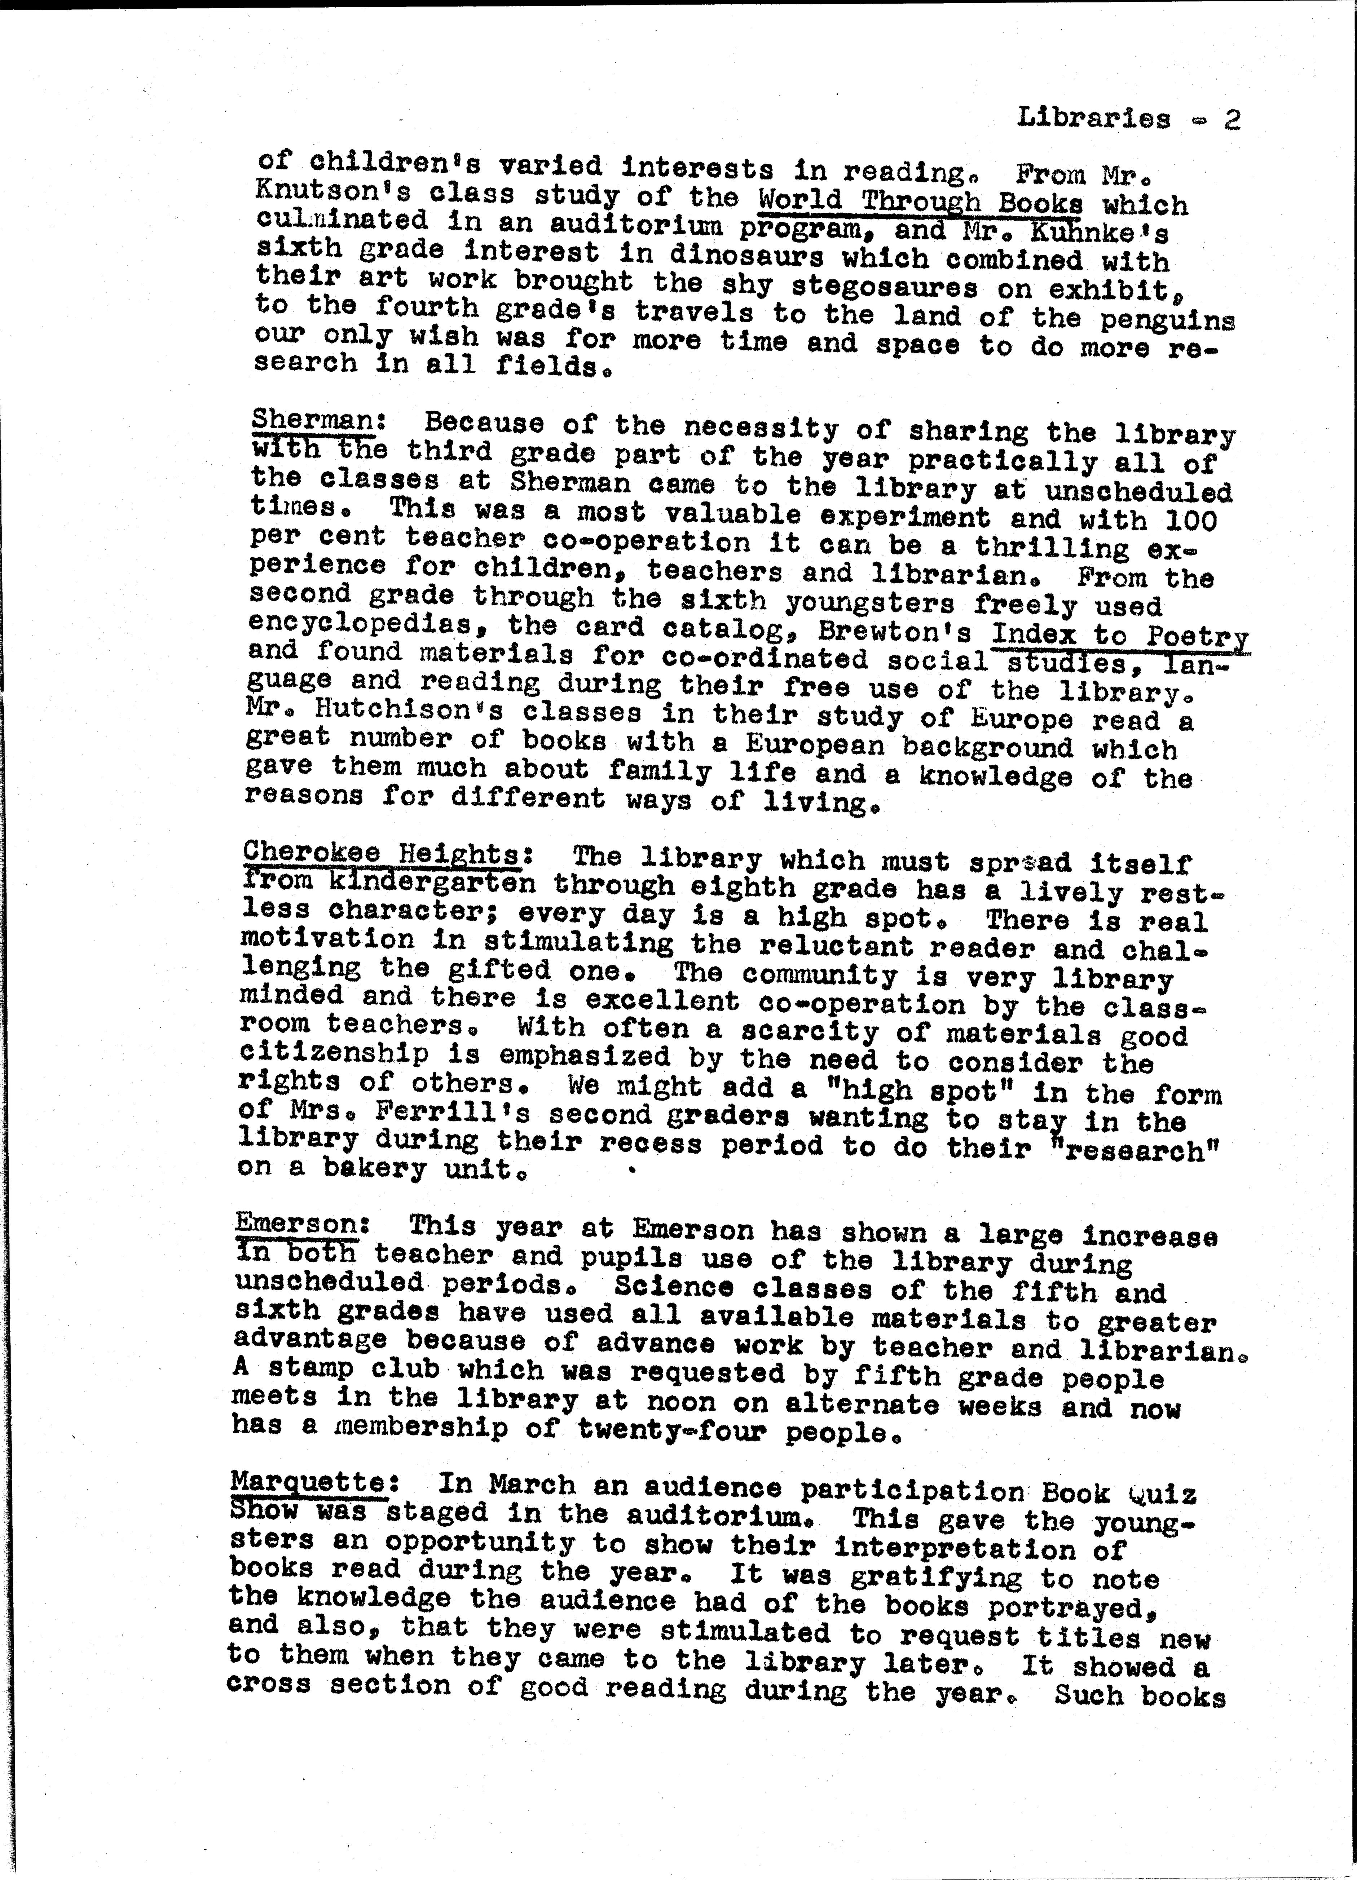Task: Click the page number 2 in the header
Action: point(1232,121)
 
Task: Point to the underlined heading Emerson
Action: point(296,1224)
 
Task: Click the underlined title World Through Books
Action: point(920,202)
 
